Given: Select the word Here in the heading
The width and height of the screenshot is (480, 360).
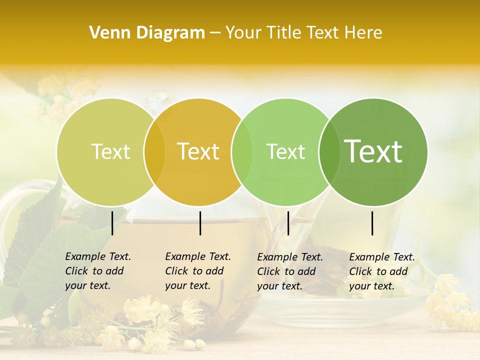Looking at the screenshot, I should pyautogui.click(x=364, y=33).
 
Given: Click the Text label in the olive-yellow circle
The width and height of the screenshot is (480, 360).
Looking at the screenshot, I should pyautogui.click(x=110, y=151).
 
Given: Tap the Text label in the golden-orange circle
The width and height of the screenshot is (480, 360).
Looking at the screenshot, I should pyautogui.click(x=198, y=151).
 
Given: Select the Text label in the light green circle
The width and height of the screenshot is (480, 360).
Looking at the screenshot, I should pyautogui.click(x=285, y=151).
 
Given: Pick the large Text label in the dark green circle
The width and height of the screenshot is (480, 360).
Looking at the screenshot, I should pyautogui.click(x=373, y=151).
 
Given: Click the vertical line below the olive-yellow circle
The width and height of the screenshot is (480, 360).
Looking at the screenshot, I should pyautogui.click(x=112, y=223).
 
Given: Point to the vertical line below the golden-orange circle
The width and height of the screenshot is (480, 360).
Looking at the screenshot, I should pyautogui.click(x=200, y=223).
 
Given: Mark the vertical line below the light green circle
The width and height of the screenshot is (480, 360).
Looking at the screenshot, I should pyautogui.click(x=288, y=223).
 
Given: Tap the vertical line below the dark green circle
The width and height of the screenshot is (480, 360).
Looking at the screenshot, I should pyautogui.click(x=372, y=223).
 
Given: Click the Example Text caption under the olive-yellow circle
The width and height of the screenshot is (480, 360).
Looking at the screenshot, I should pyautogui.click(x=98, y=271).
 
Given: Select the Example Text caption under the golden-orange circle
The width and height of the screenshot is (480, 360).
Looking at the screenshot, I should pyautogui.click(x=198, y=271).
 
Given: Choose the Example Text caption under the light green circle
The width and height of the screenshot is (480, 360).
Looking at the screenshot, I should pyautogui.click(x=290, y=271).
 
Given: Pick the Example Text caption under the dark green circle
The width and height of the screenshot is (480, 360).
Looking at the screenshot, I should pyautogui.click(x=382, y=271).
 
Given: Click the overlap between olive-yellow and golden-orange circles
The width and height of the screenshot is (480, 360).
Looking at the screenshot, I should pyautogui.click(x=154, y=151).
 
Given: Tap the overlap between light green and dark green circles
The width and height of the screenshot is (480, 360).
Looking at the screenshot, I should pyautogui.click(x=329, y=151).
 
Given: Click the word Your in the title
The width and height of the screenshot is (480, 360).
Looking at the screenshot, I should pyautogui.click(x=243, y=33).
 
